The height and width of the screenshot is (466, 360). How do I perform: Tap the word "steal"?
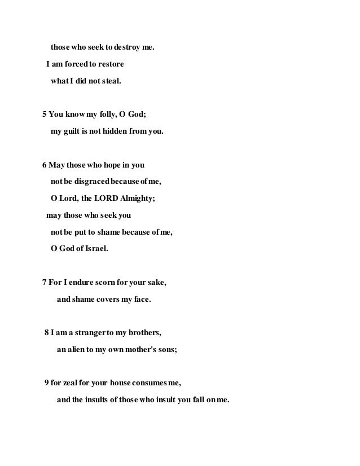[107, 81]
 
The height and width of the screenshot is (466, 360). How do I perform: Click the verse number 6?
[45, 166]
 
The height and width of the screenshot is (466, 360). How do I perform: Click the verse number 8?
[47, 333]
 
